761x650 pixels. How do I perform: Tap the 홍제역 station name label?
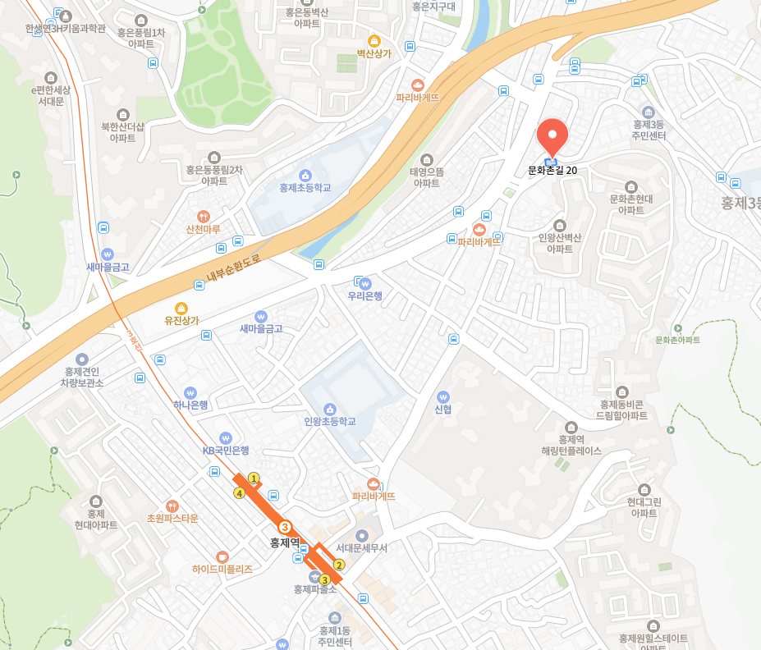286,542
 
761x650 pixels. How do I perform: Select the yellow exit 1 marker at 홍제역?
254,478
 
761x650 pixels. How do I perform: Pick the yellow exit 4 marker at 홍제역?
239,493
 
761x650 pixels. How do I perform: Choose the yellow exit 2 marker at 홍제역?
338,565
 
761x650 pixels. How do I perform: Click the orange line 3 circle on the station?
285,527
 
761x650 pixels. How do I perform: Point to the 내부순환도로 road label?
233,268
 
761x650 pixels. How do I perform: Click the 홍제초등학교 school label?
305,187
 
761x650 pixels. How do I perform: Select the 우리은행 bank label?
364,295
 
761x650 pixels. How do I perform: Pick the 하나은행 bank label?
190,404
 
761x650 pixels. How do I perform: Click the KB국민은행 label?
226,450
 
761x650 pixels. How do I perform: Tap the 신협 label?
443,409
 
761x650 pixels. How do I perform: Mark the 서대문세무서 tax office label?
361,547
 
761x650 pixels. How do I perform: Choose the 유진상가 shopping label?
182,320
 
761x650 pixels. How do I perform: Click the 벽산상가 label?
374,53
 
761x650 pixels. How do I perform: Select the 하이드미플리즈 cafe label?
222,568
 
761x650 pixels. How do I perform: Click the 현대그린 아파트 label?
644,507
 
